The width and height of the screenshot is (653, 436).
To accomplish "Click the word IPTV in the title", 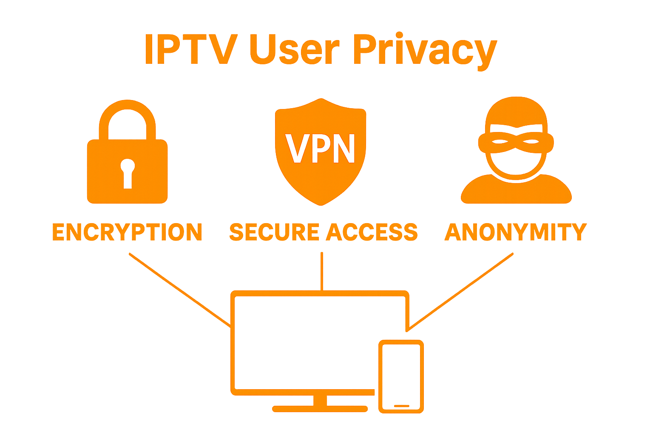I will pos(190,49).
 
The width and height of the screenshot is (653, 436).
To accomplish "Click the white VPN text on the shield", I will pos(321,149).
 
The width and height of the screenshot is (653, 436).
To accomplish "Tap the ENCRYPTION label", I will pos(127,232).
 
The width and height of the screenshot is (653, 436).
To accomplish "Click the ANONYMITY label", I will pos(515,232).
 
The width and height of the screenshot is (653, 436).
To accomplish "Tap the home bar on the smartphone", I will pos(401,406).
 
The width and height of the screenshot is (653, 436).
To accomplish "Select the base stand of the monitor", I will pos(320,408).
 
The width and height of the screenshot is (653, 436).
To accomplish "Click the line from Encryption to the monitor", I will pos(179,290).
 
